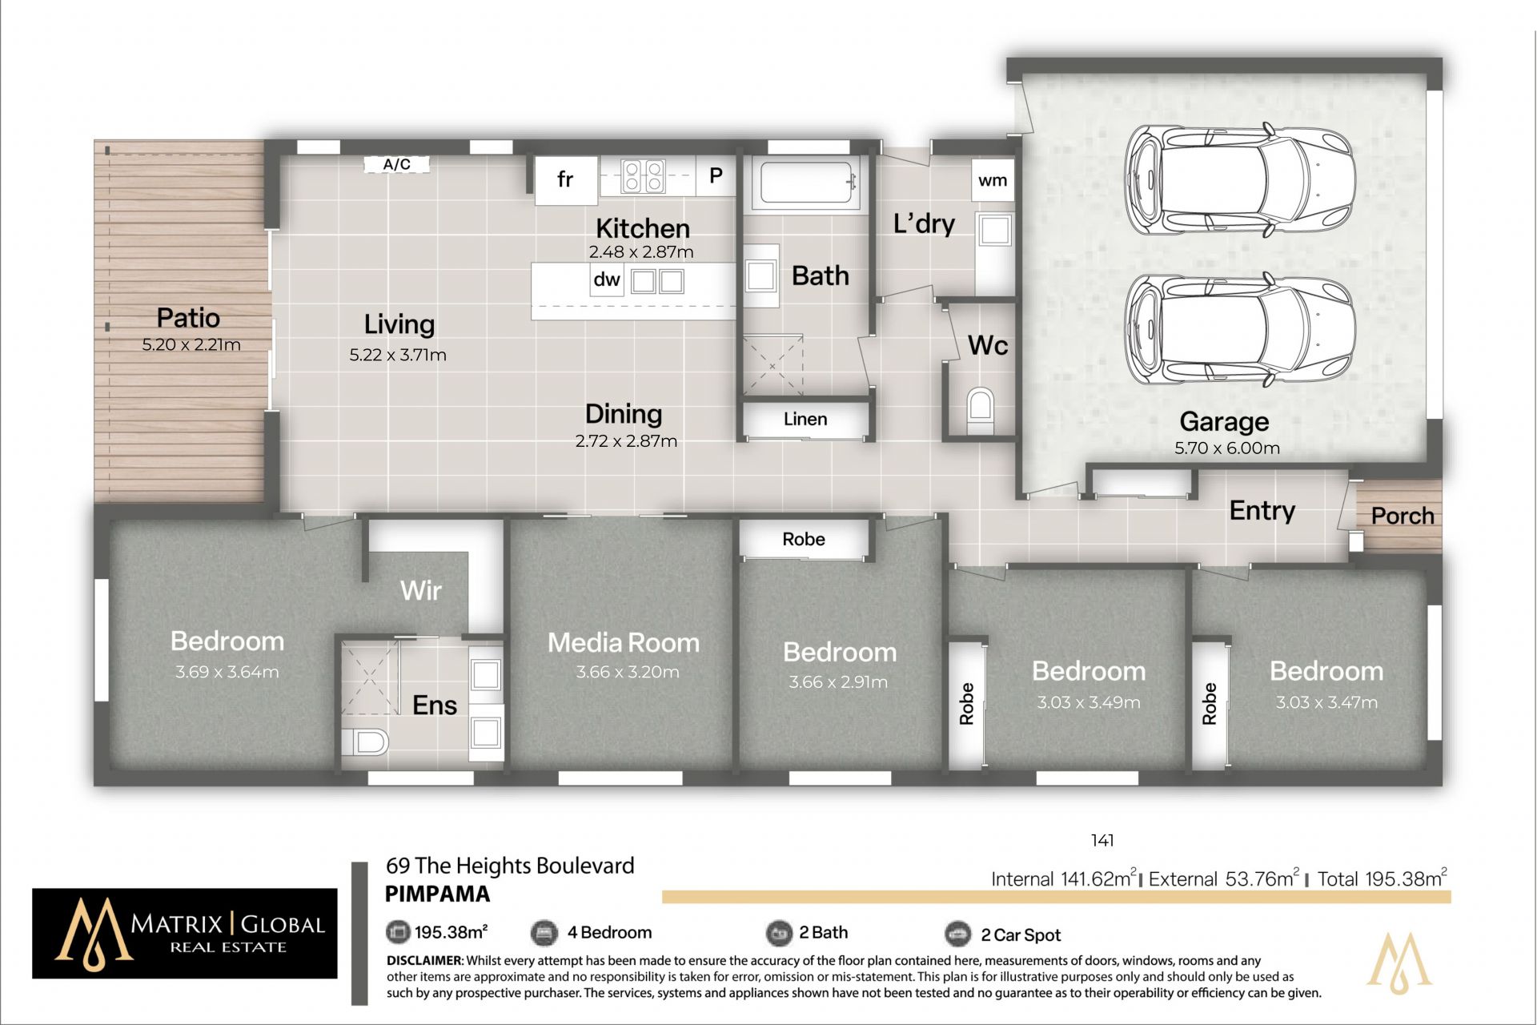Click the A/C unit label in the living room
click(x=397, y=165)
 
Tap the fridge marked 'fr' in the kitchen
click(x=566, y=179)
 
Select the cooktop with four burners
click(x=644, y=175)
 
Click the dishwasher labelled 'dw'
click(x=607, y=279)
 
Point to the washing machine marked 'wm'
click(x=993, y=180)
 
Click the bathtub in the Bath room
click(x=809, y=185)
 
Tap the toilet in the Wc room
click(x=980, y=410)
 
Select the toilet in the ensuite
click(x=365, y=742)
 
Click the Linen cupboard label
click(x=805, y=419)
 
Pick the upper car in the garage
click(x=1240, y=180)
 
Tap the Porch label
click(x=1403, y=516)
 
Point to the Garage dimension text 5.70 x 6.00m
click(x=1226, y=448)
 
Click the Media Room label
click(x=624, y=642)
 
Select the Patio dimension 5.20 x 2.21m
click(x=191, y=345)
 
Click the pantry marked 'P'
click(x=716, y=175)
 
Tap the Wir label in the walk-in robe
click(x=421, y=590)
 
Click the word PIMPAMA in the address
click(x=437, y=894)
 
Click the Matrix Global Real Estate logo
click(x=185, y=933)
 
